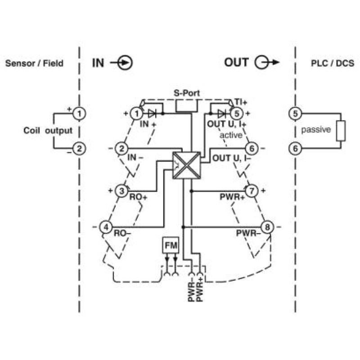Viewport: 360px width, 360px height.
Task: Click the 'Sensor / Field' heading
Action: point(34,63)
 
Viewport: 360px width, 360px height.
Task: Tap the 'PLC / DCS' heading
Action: point(333,63)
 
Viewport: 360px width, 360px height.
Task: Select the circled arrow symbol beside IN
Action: point(121,63)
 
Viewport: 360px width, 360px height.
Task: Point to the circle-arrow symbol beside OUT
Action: point(266,62)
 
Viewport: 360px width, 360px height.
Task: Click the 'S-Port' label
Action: point(187,93)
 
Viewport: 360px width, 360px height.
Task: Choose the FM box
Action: point(171,245)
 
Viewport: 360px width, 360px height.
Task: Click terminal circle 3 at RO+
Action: point(121,191)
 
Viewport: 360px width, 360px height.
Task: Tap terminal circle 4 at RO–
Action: point(106,227)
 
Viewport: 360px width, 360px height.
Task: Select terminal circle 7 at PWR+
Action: point(252,191)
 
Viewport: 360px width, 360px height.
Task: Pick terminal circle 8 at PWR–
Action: point(267,227)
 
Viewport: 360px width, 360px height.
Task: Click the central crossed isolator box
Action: point(186,165)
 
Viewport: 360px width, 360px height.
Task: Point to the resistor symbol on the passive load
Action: point(341,131)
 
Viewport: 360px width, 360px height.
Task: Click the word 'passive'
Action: point(316,130)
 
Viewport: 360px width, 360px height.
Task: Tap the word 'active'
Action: point(231,135)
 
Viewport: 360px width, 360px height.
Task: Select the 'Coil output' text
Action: point(48,130)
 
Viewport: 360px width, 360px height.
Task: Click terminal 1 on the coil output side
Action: point(79,114)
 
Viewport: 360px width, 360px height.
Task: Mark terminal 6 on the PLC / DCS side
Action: point(295,148)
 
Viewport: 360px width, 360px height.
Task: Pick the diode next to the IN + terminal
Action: point(152,113)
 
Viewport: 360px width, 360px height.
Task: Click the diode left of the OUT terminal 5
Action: point(221,113)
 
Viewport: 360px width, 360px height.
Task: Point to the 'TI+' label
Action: point(241,102)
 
